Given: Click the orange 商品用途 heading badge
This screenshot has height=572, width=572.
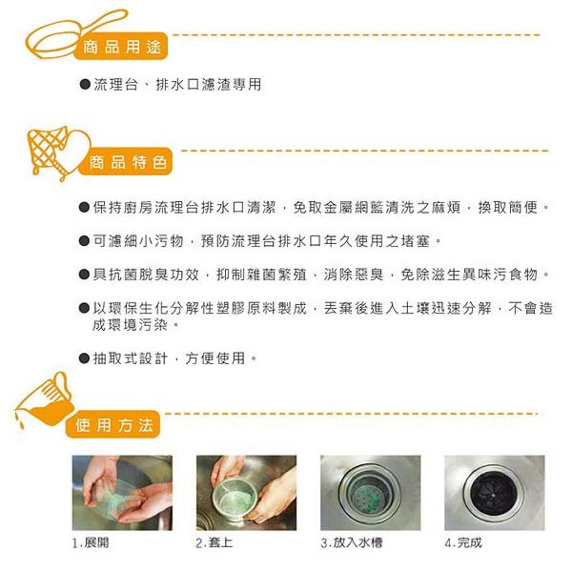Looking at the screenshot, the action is [121, 47].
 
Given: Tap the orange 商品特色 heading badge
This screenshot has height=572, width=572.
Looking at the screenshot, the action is [126, 162].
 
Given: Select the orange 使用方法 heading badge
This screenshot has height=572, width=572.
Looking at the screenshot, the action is [112, 424].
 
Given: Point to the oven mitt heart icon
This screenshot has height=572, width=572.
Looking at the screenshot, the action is [58, 152].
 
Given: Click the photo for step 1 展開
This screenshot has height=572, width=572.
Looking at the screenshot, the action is [122, 493].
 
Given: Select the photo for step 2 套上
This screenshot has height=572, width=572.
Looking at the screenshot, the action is [246, 493].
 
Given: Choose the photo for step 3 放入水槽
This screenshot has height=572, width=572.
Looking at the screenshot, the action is [370, 493].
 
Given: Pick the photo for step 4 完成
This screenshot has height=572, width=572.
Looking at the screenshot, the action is [494, 493].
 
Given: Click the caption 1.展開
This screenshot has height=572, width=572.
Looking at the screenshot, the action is [91, 542].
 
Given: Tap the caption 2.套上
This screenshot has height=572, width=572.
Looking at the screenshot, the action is [214, 542].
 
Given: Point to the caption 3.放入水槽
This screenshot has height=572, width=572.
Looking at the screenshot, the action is [352, 542].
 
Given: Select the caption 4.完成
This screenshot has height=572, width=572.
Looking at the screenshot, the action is [463, 542].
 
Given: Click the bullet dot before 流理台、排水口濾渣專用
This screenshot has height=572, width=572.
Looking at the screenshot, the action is [85, 85].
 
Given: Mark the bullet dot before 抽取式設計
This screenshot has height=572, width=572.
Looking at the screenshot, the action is [84, 358].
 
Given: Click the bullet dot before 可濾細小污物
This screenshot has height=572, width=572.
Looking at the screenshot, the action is [84, 241].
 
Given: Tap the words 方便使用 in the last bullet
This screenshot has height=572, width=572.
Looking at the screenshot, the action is [215, 358].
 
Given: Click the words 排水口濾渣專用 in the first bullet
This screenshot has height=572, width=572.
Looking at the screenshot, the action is [209, 85].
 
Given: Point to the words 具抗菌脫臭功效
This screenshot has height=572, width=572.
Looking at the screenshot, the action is [146, 275].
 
